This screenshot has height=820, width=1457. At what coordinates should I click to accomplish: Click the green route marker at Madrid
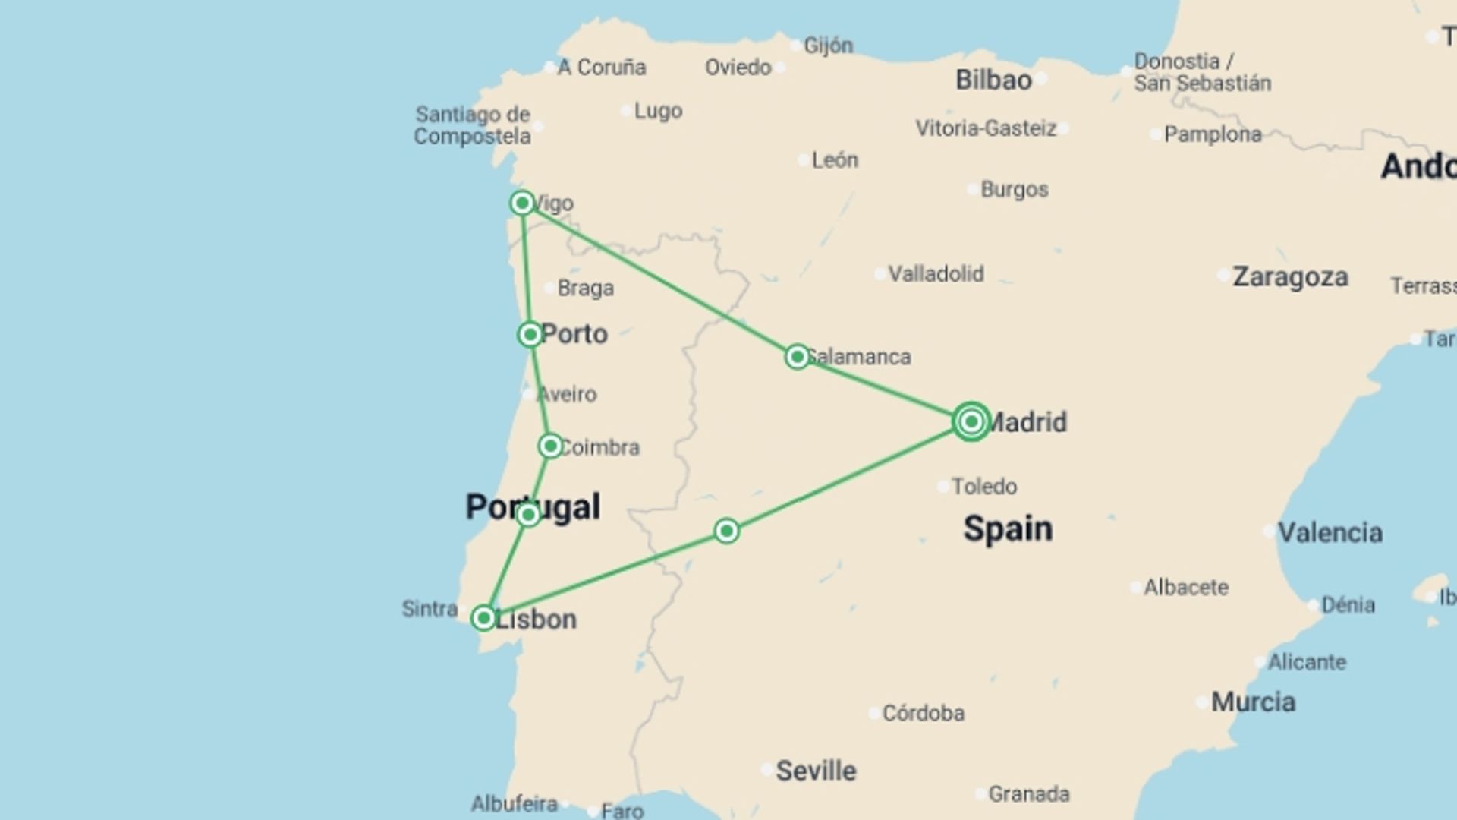click(971, 421)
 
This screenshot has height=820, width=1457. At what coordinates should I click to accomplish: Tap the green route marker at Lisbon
click(483, 618)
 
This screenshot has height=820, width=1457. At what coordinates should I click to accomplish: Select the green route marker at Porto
click(530, 334)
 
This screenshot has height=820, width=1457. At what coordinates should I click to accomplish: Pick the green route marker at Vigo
click(522, 203)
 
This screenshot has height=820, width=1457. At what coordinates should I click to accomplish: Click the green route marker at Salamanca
click(797, 356)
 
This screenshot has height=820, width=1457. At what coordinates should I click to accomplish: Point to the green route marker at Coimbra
click(550, 446)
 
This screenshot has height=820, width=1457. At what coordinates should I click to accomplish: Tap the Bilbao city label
click(993, 80)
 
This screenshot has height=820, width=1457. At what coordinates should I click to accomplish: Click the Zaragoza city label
click(1290, 277)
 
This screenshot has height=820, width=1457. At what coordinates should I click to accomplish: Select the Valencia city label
click(1330, 532)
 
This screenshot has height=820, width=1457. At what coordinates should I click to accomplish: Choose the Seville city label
click(816, 771)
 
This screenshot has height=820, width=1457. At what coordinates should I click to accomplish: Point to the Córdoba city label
click(923, 713)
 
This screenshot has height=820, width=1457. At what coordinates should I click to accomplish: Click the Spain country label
click(1008, 528)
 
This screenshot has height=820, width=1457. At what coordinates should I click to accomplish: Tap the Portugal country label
click(533, 506)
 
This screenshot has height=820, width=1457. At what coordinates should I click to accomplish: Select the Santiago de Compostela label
click(472, 125)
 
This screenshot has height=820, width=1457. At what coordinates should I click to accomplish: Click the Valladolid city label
click(936, 273)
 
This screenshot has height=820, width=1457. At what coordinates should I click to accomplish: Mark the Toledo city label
click(984, 486)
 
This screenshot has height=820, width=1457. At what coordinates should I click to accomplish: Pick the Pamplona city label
click(1213, 134)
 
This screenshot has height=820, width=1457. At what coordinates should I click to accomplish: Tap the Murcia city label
click(1253, 702)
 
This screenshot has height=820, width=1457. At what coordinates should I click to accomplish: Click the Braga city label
click(585, 288)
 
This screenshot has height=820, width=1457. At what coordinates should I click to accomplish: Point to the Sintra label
click(430, 608)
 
